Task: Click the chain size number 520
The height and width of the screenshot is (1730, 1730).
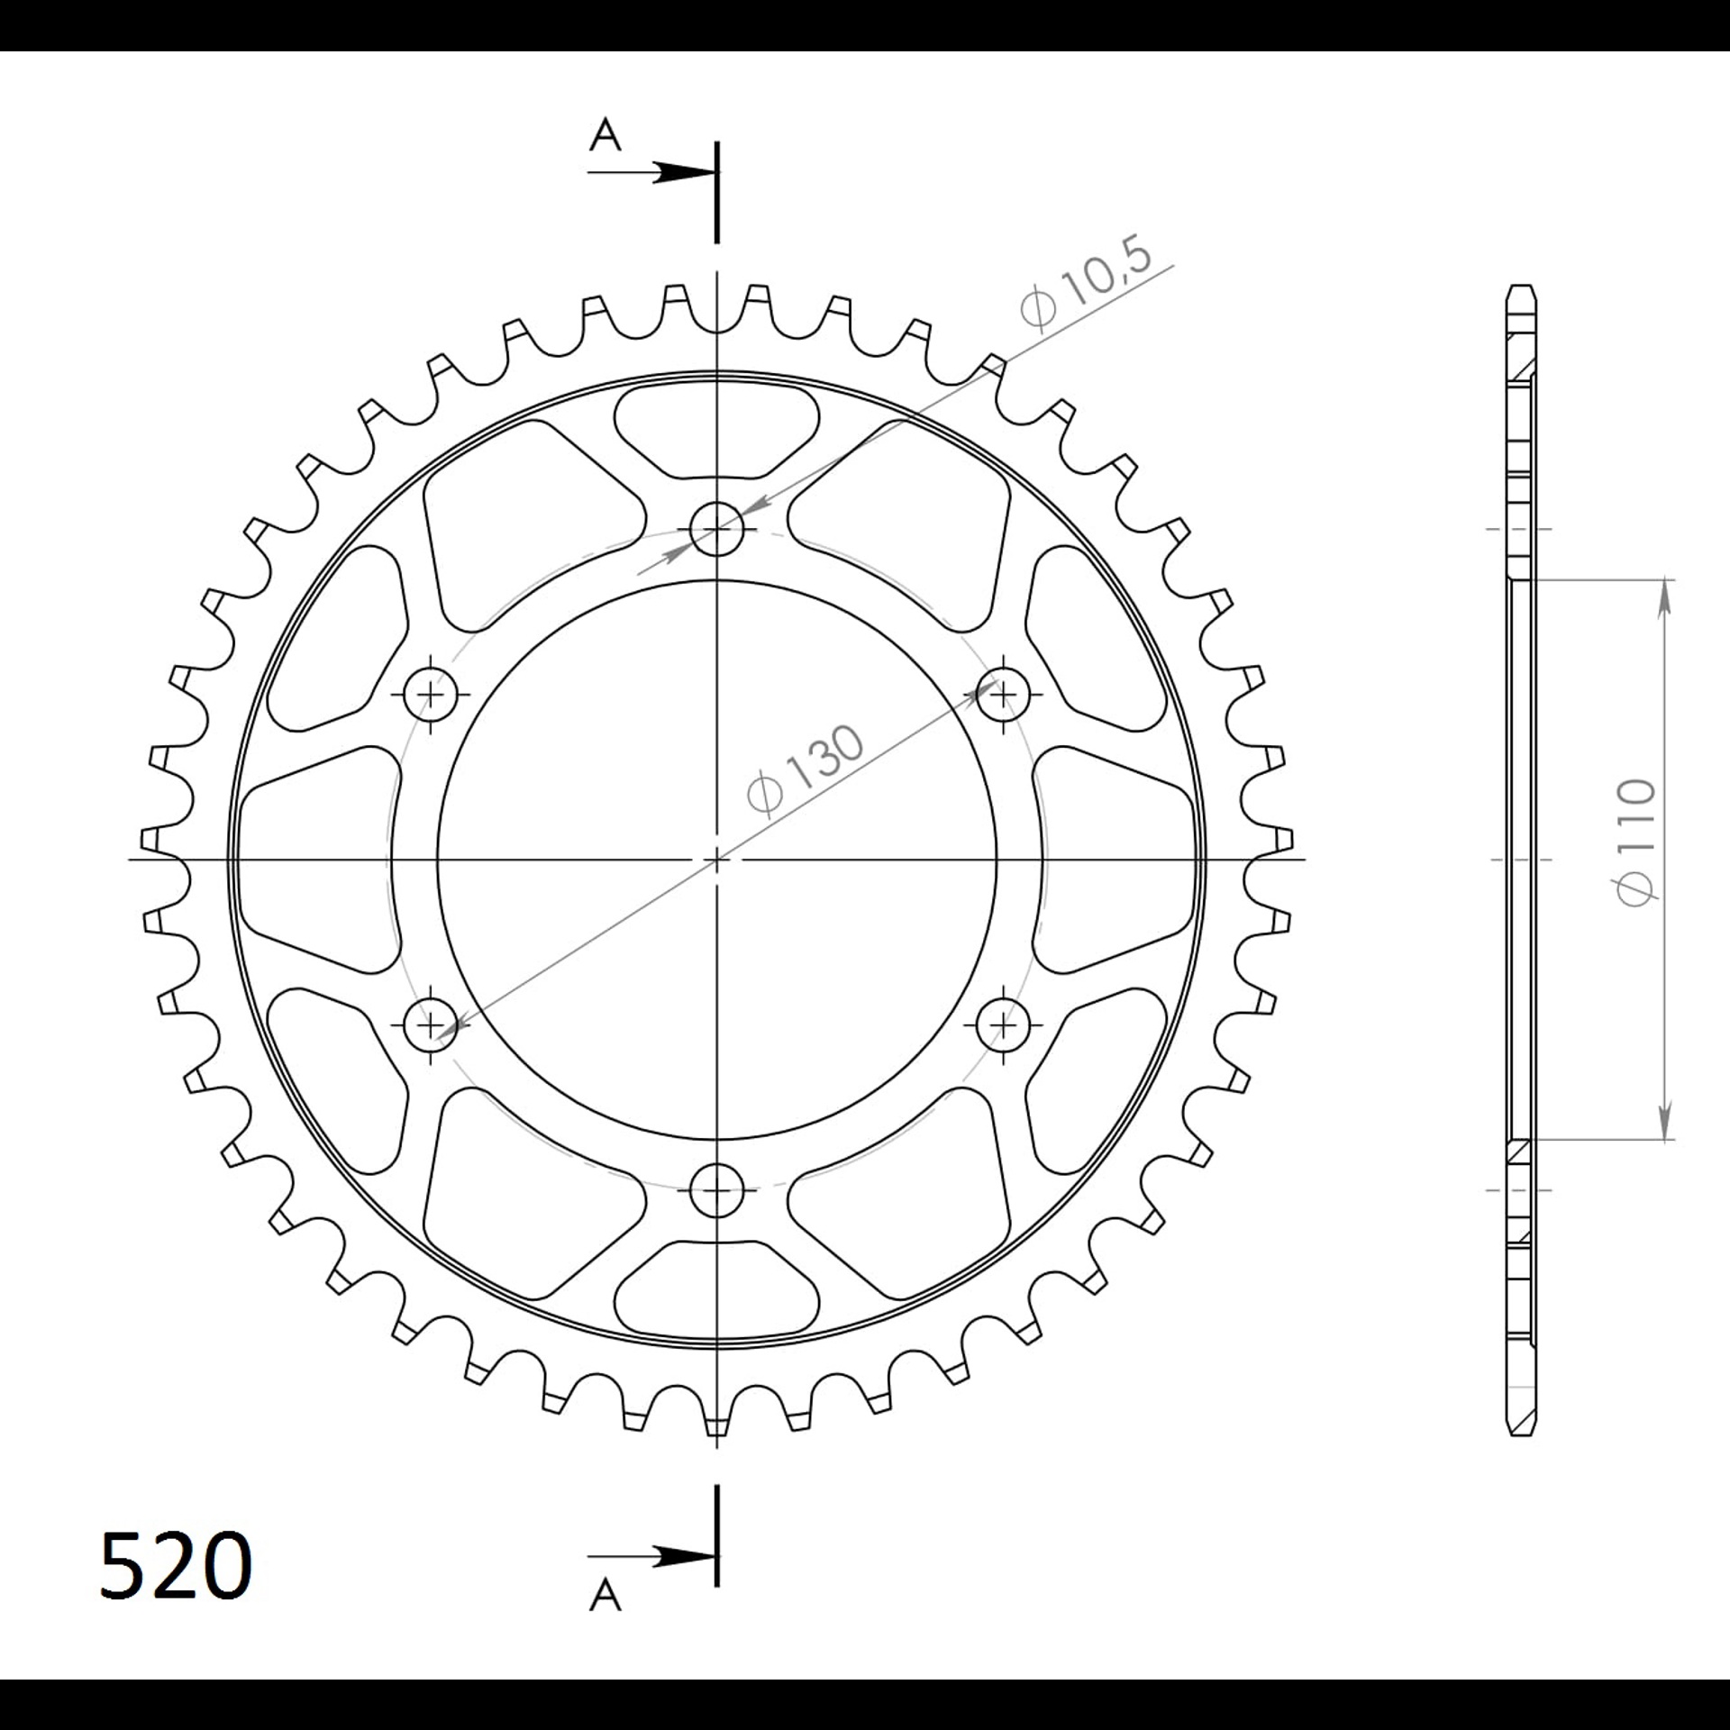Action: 176,1566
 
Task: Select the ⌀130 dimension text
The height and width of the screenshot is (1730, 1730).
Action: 806,771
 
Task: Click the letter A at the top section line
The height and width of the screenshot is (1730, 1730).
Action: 605,136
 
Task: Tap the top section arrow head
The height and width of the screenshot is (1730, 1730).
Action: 683,173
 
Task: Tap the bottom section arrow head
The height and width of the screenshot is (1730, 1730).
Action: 683,1555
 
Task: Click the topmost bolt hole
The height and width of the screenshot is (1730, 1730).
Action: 717,529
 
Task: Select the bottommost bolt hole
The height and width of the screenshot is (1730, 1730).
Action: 717,1190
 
